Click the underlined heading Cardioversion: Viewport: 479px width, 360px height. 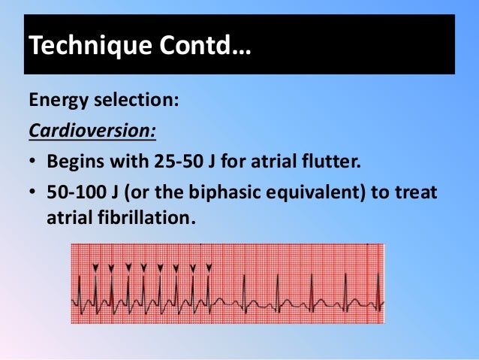click(x=92, y=131)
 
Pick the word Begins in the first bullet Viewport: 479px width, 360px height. click(x=75, y=162)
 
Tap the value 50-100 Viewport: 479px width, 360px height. click(x=76, y=194)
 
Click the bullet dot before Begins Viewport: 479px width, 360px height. click(x=33, y=163)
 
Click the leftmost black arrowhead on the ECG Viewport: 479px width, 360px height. click(x=95, y=267)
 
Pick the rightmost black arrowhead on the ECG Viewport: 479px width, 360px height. click(x=209, y=267)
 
